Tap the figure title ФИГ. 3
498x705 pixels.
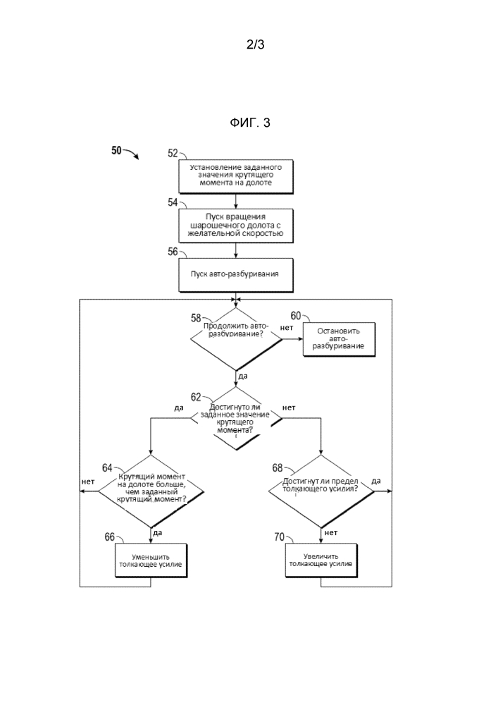pos(249,123)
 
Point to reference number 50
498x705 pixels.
pos(116,149)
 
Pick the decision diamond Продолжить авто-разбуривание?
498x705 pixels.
pos(236,338)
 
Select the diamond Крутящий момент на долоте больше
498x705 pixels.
pos(151,491)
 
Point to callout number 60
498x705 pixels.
pos(296,315)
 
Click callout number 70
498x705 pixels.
pos(279,537)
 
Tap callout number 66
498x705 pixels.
pos(109,537)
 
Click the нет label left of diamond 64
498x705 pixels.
pos(88,482)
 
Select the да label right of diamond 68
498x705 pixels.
pos(376,481)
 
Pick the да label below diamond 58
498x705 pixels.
pos(243,376)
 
